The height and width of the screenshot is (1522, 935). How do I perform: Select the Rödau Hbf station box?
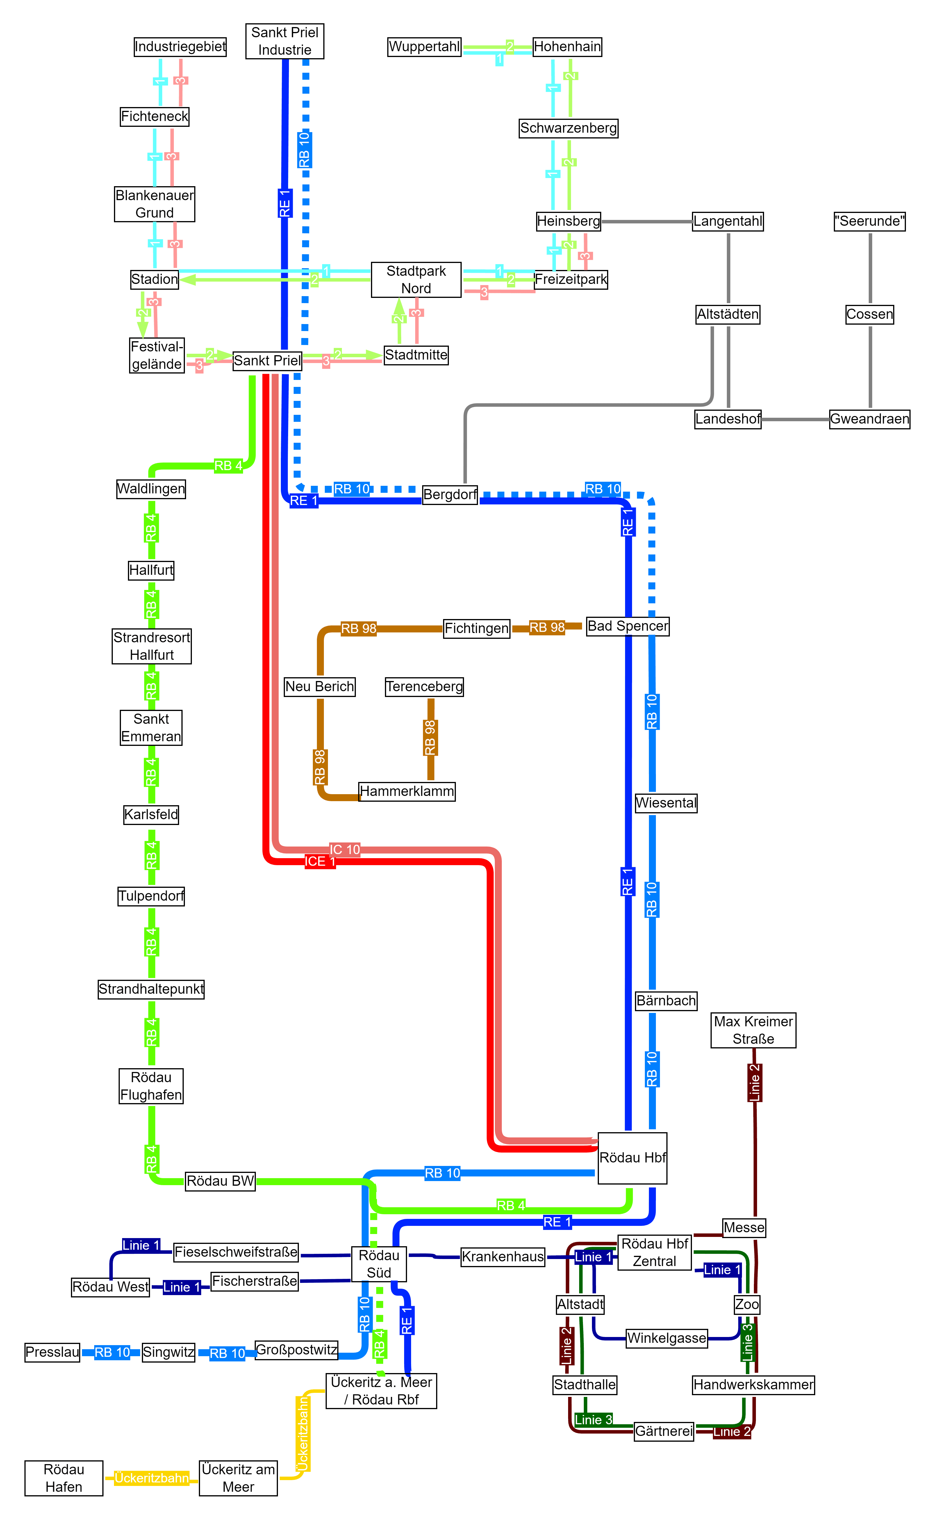click(x=632, y=1157)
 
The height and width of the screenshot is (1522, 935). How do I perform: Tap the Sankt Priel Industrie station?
click(x=284, y=41)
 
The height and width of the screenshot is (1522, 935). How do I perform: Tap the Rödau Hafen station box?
click(x=64, y=1478)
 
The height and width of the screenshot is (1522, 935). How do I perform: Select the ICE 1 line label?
click(x=320, y=862)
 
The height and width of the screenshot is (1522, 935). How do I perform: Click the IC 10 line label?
click(x=345, y=849)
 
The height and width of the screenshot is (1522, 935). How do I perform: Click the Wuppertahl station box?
click(x=424, y=47)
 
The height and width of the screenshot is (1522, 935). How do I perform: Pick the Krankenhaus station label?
click(x=503, y=1257)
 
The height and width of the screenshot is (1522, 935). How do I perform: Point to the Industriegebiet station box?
click(x=180, y=47)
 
